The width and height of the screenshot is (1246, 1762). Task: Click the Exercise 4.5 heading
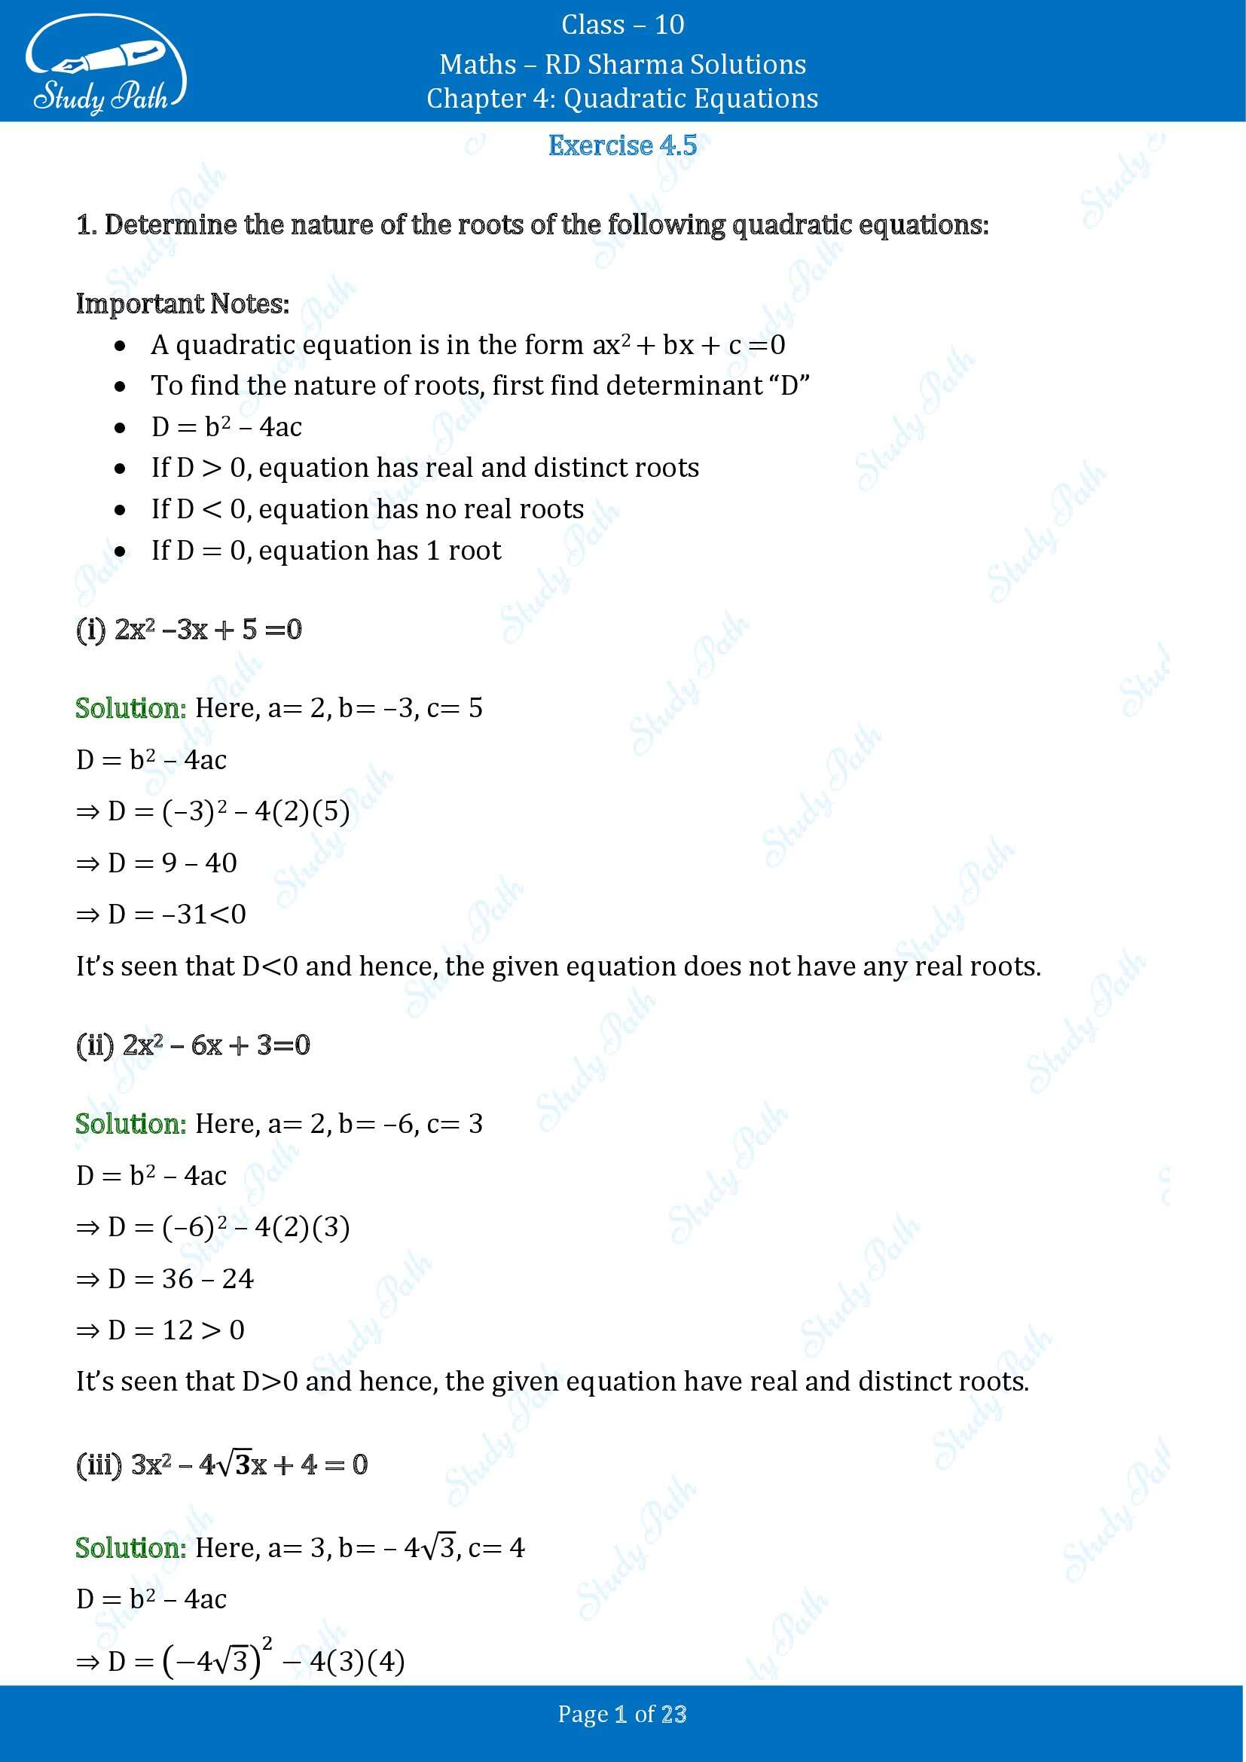coord(622,145)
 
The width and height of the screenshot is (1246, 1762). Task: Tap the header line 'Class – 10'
coord(622,25)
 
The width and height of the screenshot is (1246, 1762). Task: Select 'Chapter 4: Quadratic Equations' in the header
coord(622,98)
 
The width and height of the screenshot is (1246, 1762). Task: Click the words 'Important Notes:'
coord(182,304)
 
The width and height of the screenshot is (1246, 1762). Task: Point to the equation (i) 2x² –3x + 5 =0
coord(189,629)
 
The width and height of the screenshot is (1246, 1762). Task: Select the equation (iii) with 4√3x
coord(221,1464)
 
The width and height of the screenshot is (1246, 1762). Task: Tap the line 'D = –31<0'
coord(161,914)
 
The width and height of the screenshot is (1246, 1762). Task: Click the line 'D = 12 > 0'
coord(160,1329)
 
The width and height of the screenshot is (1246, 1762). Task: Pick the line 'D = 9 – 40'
coord(157,863)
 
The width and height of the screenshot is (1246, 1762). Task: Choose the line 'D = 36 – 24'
coord(165,1278)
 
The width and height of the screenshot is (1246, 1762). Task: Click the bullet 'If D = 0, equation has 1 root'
coord(326,550)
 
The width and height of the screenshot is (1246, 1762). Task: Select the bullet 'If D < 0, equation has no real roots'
coord(368,508)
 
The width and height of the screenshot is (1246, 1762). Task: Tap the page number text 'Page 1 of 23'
coord(622,1714)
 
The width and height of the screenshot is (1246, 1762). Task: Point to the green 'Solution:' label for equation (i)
coord(131,707)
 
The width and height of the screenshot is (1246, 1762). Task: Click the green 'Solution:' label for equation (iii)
coord(131,1547)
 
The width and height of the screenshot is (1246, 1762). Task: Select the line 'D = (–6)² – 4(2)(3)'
coord(213,1226)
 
